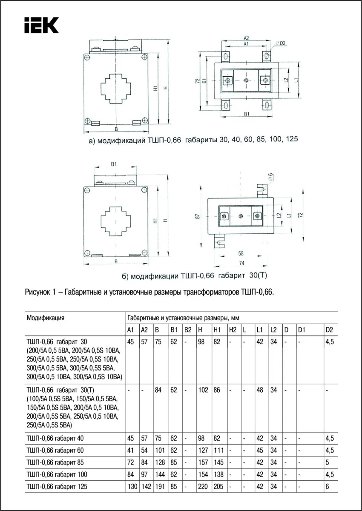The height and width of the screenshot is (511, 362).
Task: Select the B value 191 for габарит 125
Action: click(159, 487)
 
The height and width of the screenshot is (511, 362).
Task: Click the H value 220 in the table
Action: click(203, 487)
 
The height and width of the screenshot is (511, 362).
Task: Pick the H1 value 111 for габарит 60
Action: click(218, 450)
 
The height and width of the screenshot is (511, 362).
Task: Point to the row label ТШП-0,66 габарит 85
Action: click(57, 462)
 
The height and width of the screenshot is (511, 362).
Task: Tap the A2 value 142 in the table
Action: click(146, 487)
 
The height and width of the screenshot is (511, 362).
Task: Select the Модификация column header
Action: click(46, 318)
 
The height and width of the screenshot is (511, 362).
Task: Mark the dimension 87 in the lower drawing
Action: click(197, 216)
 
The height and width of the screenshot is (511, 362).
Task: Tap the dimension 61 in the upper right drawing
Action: click(205, 81)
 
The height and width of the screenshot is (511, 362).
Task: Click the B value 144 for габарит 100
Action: click(159, 474)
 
